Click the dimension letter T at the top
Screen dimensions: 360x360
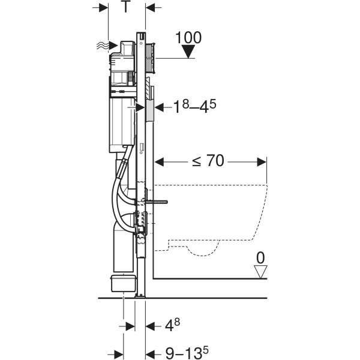pos(126,8)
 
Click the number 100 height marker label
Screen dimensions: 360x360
pos(189,37)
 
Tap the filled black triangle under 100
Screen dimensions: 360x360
pos(189,52)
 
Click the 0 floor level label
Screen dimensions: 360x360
pos(260,258)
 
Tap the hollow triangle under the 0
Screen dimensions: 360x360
pos(260,271)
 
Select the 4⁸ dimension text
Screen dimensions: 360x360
pos(172,326)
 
